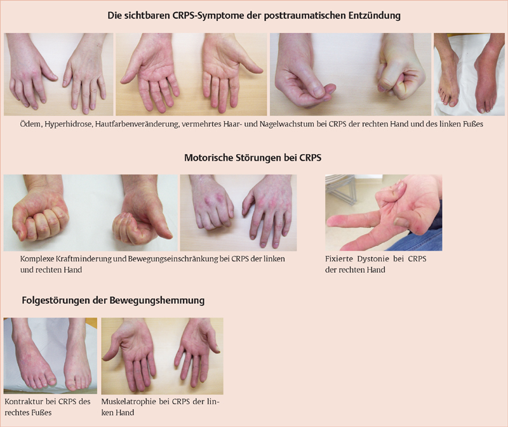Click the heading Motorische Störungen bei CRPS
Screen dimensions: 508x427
click(253, 157)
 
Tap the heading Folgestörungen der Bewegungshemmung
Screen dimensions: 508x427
click(113, 300)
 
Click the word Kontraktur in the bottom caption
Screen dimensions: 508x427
click(23, 402)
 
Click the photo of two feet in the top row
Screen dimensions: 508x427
click(469, 74)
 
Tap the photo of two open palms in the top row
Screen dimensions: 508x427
click(192, 74)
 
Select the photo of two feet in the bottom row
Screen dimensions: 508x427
click(50, 356)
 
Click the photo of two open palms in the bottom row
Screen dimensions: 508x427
click(163, 356)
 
